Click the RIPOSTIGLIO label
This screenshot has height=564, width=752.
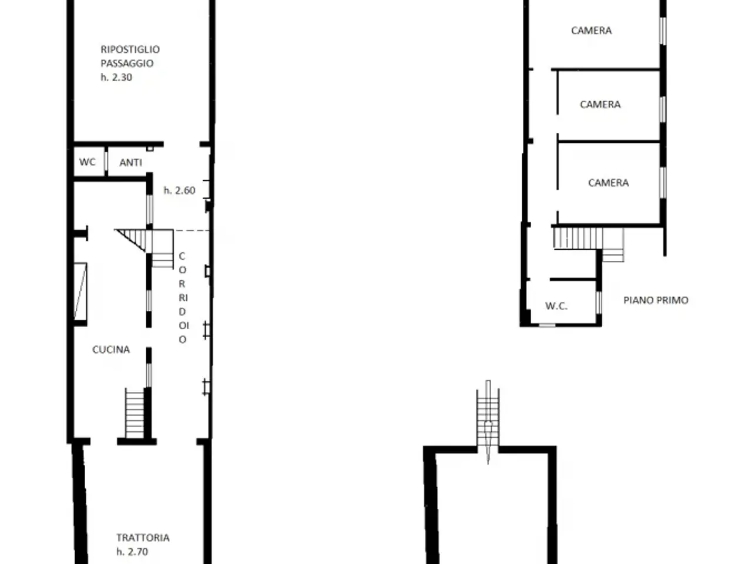pos(130,49)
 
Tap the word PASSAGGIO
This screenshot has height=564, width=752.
pos(127,63)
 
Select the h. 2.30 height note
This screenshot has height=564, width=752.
pos(116,78)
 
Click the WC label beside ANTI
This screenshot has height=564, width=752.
pos(88,162)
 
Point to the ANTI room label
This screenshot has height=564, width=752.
pos(130,162)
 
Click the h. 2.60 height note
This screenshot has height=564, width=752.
pos(180,190)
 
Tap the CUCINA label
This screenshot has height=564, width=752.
pos(111,350)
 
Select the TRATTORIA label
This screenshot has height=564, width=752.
pos(143,538)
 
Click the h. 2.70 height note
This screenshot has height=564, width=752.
pos(132,552)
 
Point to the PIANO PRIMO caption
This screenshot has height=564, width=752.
pos(656,300)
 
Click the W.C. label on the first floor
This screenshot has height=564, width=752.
pos(556,306)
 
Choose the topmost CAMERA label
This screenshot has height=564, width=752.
pos(592,31)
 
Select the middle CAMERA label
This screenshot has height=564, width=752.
pos(600,104)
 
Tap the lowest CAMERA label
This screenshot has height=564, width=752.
pos(609,183)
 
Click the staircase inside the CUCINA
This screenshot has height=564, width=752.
pos(135,413)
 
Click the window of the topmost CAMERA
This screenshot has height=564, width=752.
pos(663,31)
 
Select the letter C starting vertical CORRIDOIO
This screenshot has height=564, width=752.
pos(182,256)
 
